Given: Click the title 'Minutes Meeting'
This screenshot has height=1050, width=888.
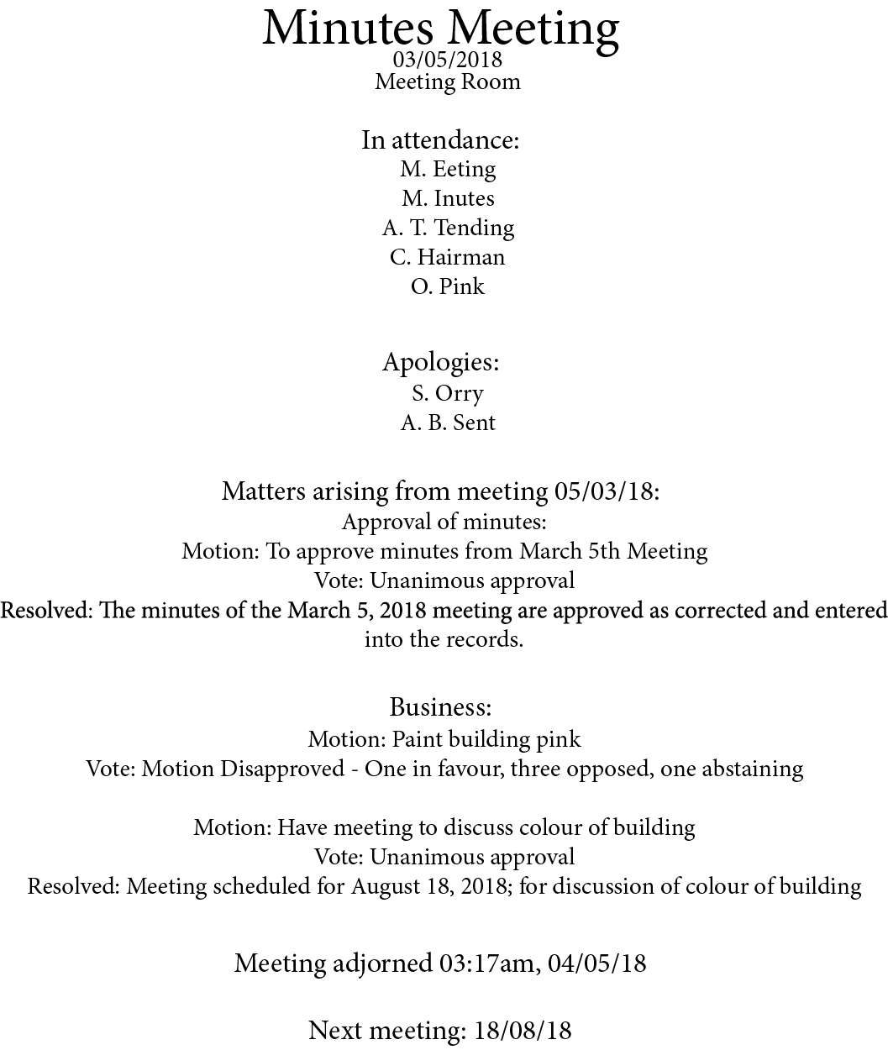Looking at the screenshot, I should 441,28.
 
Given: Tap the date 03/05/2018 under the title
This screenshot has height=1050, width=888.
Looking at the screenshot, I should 447,60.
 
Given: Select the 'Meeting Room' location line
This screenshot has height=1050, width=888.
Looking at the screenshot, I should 447,81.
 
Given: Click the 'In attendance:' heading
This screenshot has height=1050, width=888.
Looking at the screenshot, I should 440,139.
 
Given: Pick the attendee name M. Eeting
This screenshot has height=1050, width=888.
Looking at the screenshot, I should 448,169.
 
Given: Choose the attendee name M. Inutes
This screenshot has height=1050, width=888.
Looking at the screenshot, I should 448,198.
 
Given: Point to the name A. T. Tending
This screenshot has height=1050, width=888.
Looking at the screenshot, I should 448,228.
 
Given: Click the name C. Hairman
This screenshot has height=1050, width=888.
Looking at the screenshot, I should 447,257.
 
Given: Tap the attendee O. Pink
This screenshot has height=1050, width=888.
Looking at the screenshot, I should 447,286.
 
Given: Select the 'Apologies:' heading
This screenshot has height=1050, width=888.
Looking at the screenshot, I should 441,362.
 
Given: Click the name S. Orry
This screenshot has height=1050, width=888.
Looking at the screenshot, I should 447,393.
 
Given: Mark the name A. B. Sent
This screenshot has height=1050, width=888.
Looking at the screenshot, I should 448,423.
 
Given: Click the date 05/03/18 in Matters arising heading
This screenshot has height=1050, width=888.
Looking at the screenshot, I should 604,491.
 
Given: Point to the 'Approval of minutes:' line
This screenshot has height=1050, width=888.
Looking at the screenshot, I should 444,522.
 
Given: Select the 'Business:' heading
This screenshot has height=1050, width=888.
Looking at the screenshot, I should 440,706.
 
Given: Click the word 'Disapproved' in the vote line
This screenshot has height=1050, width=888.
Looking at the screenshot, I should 282,769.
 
